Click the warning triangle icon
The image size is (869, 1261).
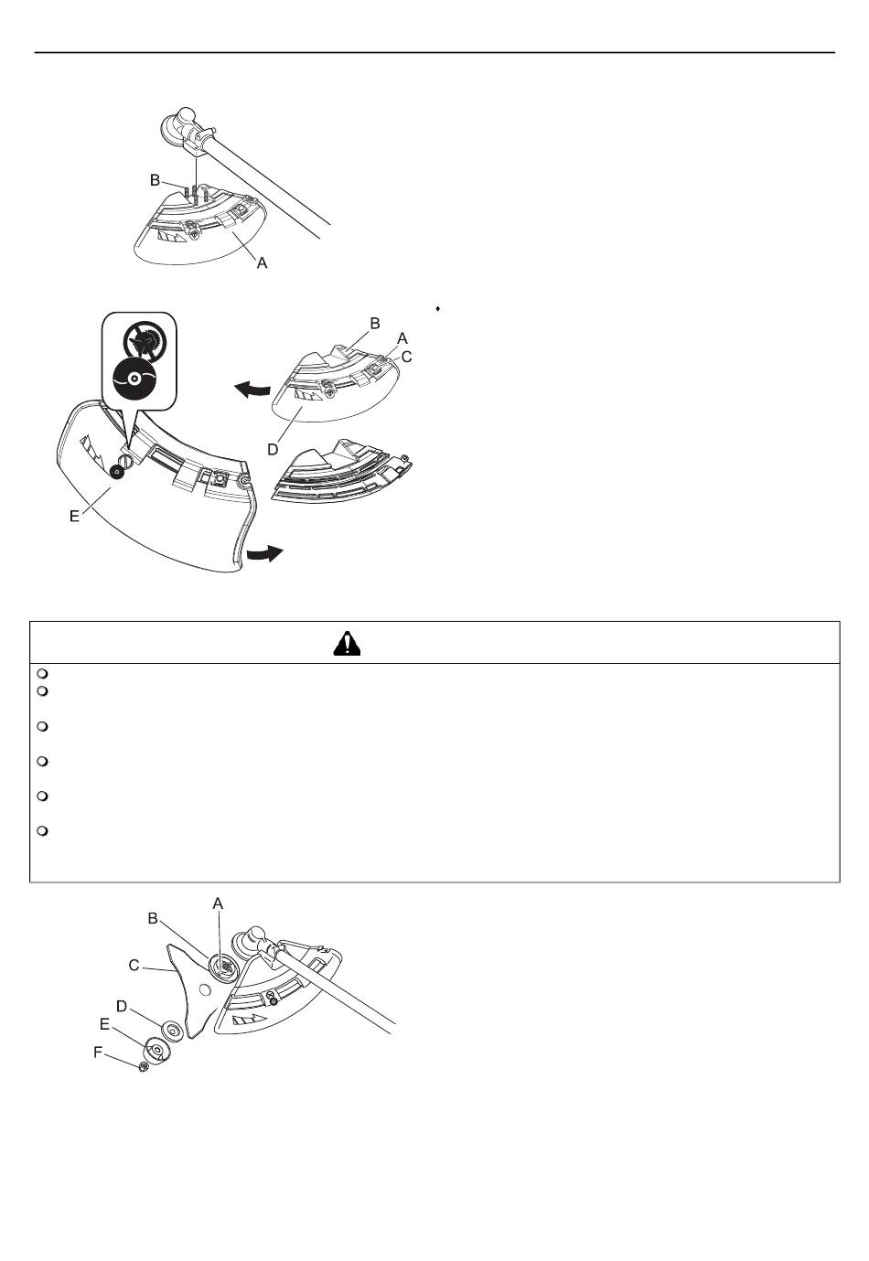347,644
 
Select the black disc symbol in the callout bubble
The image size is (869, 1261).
135,378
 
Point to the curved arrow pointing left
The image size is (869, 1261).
252,389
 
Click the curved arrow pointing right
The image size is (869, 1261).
264,553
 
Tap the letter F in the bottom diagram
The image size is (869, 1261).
98,1052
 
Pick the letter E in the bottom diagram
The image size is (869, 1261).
105,1024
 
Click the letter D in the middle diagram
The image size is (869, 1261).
273,450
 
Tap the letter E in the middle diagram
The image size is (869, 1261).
74,517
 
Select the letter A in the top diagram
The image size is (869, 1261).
262,262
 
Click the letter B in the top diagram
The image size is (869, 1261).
155,180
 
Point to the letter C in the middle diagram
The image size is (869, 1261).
406,357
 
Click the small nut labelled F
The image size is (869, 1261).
143,1065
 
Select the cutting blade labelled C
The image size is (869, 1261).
194,989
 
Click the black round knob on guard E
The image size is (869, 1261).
118,472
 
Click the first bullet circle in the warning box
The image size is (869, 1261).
42,674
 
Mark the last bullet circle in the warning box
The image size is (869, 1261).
42,831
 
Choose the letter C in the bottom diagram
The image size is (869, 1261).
134,966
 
